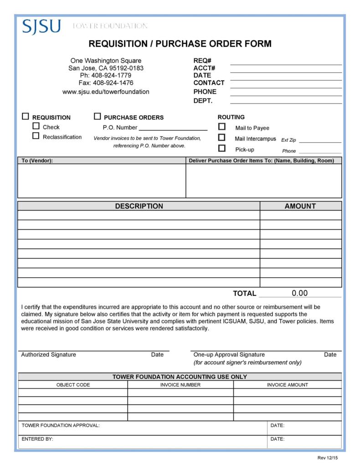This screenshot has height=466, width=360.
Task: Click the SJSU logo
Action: (x=41, y=26)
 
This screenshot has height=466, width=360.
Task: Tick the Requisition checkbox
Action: (x=26, y=117)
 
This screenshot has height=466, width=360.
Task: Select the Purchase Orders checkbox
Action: (x=97, y=117)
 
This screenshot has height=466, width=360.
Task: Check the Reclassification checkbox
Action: (x=36, y=136)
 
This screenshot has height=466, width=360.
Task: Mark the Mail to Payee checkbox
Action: (x=222, y=127)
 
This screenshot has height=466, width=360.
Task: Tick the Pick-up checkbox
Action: (x=222, y=148)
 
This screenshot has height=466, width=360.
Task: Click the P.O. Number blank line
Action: (x=173, y=128)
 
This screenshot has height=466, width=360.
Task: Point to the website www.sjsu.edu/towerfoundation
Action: (x=106, y=92)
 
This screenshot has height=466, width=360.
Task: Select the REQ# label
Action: (x=202, y=61)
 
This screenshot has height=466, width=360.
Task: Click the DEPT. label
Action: (x=203, y=101)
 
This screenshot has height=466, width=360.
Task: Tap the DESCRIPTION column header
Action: (x=139, y=206)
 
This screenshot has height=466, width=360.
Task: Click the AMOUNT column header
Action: (x=300, y=206)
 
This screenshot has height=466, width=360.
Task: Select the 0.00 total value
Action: (x=300, y=293)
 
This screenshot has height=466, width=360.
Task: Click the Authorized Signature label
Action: (x=49, y=355)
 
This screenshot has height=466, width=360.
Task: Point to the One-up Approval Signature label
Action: (x=229, y=355)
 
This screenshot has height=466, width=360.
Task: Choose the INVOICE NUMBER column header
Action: (x=180, y=385)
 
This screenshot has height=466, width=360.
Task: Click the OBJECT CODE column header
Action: (x=73, y=385)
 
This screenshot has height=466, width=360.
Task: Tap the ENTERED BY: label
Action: (x=37, y=439)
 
